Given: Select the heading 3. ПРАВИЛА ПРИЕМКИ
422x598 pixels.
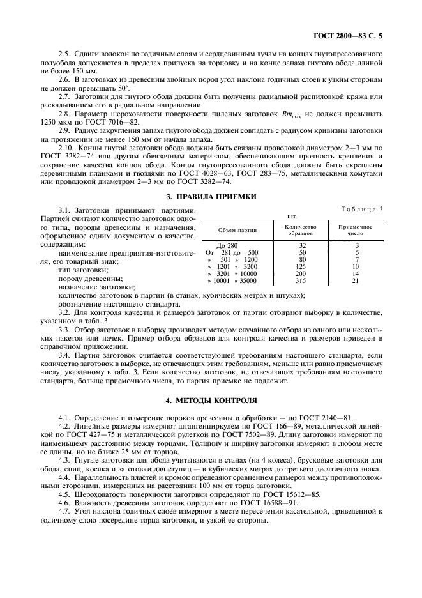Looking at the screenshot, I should point(211,197).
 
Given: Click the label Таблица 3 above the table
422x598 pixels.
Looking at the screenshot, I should point(362,209).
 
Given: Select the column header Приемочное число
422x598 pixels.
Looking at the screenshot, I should point(356,229).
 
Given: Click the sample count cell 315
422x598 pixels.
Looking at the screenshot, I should point(303,280).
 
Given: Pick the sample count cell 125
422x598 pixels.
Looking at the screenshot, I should point(303,266).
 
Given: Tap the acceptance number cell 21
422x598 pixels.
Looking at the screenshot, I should point(356,280).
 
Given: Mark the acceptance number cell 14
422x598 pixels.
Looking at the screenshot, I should point(356,273).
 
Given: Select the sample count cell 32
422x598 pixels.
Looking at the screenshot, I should point(303,245).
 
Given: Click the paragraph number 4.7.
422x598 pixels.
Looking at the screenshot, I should point(63,512).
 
